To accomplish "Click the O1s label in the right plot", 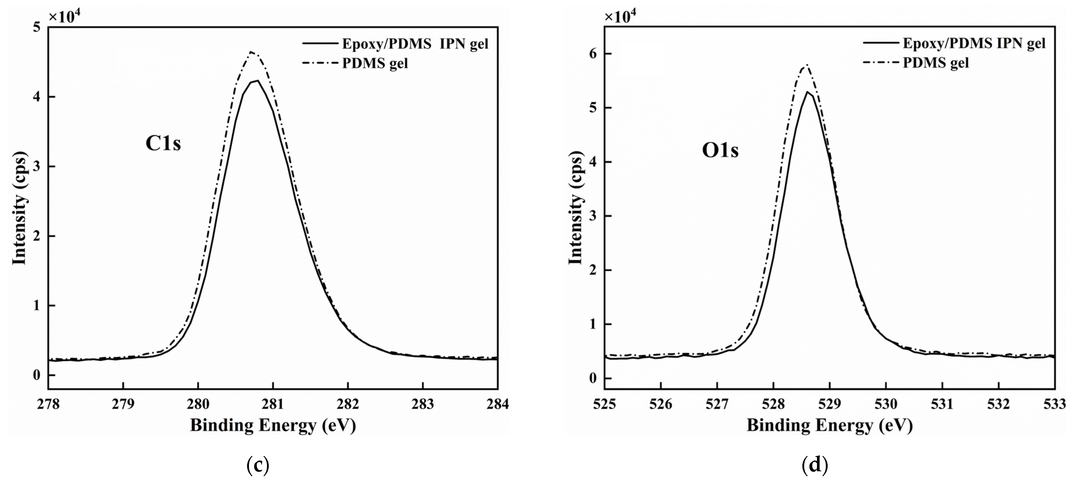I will [x=720, y=151].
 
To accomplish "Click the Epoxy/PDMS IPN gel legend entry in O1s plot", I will [x=974, y=43].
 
